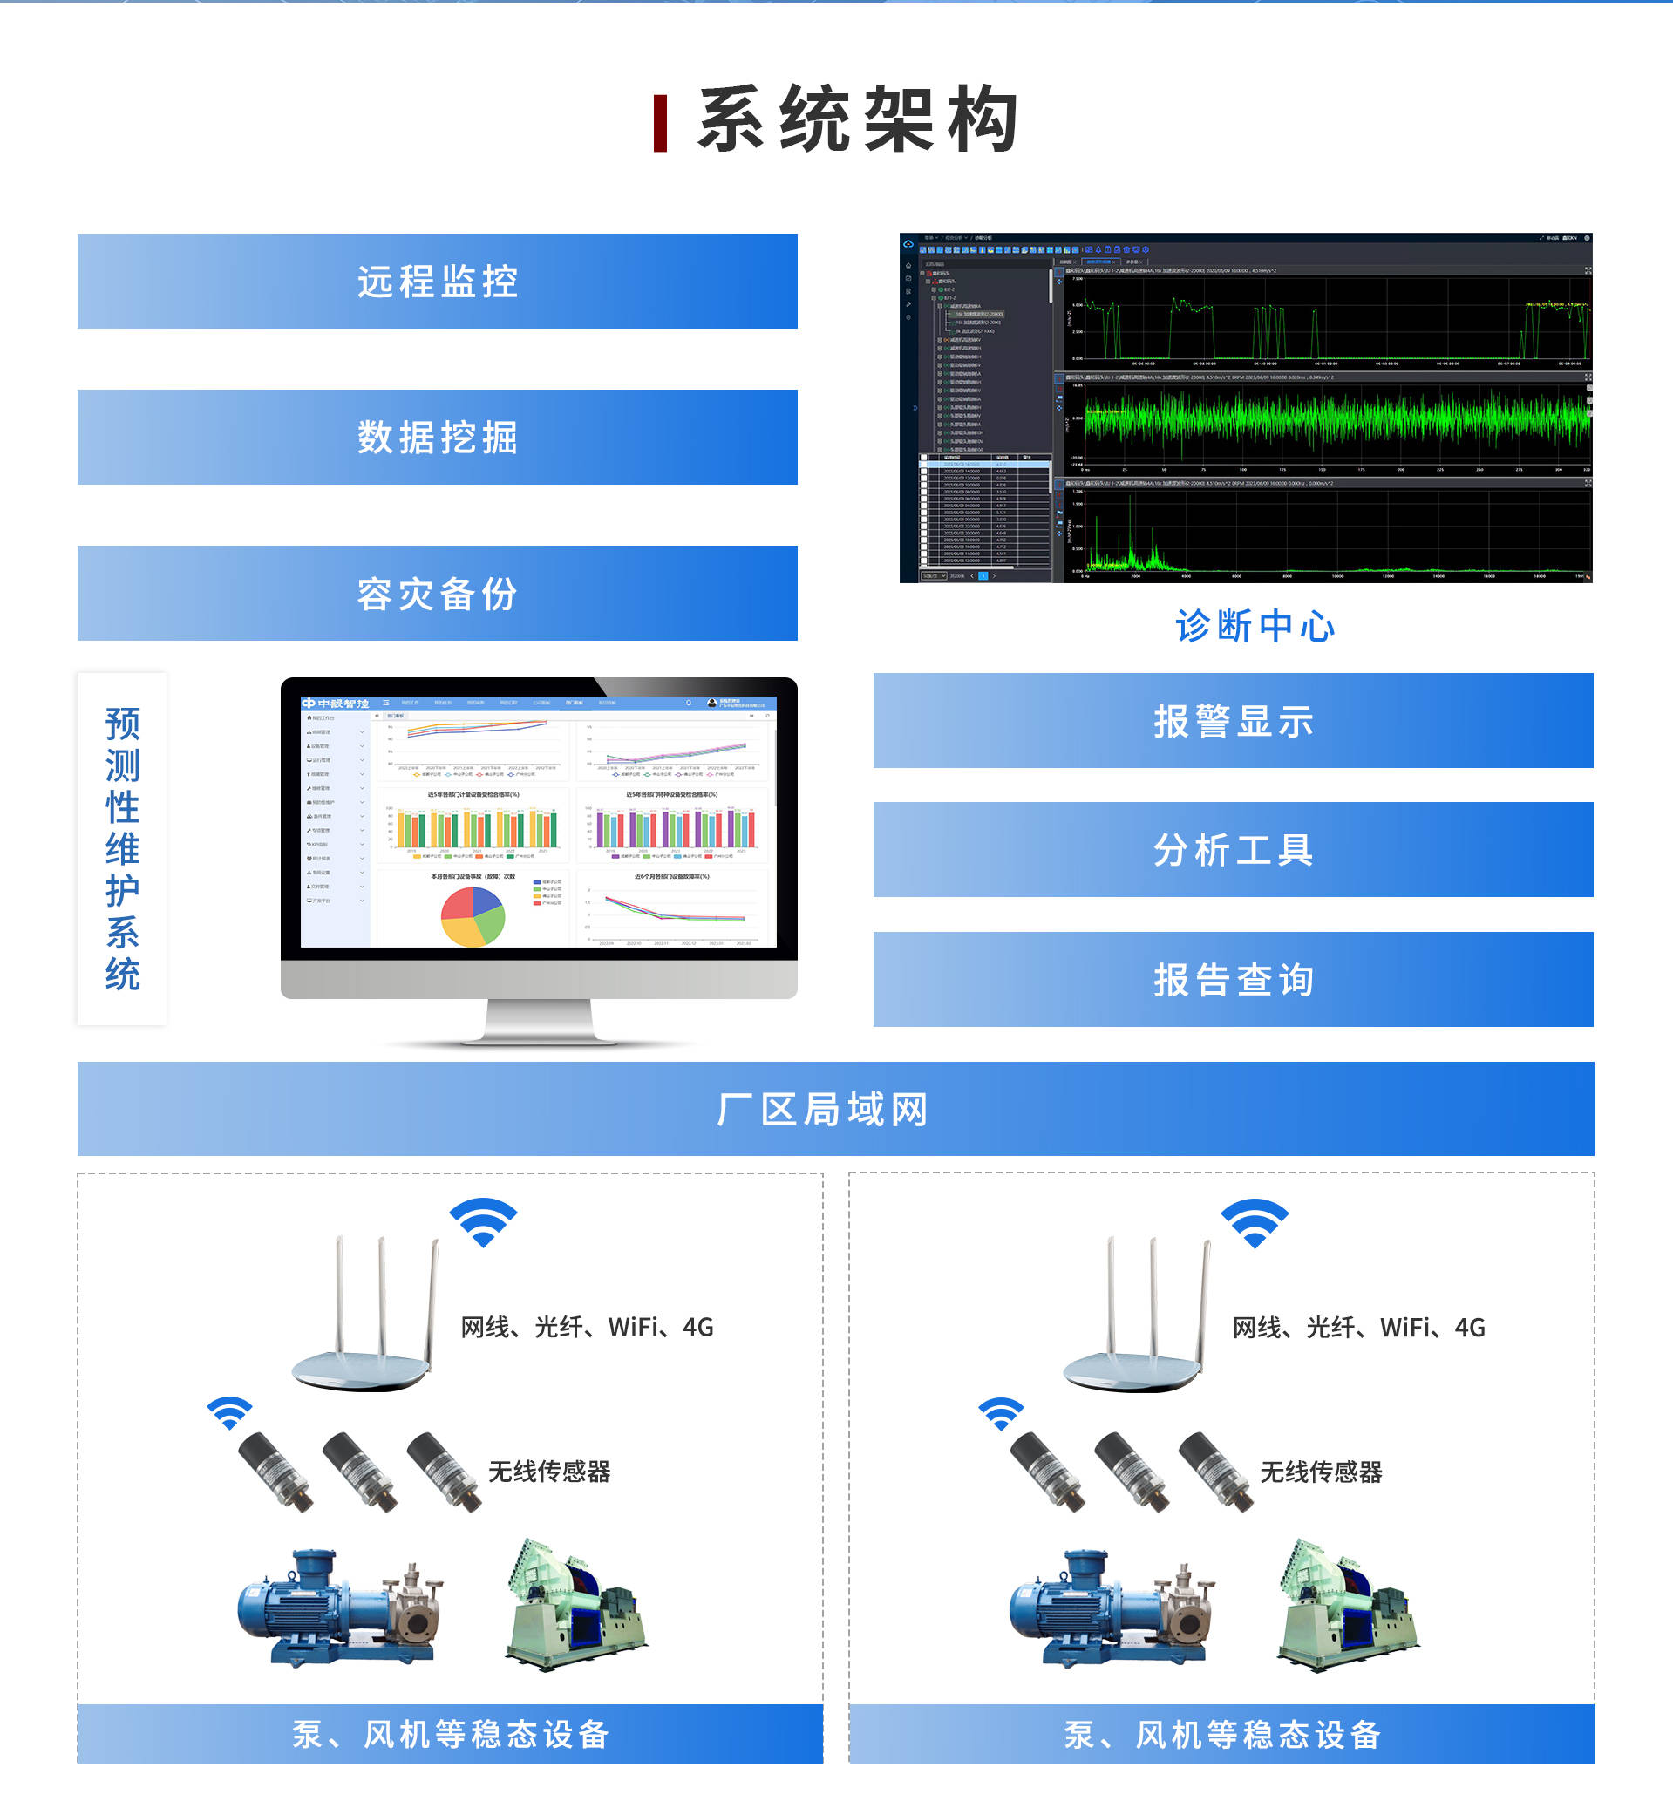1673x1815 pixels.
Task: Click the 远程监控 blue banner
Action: click(x=438, y=282)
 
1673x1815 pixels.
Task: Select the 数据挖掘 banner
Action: click(x=438, y=438)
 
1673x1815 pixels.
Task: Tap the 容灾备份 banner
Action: click(x=438, y=594)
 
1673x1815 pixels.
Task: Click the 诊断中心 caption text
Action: click(x=1255, y=627)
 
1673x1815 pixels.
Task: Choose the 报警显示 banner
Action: click(x=1233, y=722)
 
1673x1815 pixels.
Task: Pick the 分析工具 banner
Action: click(x=1233, y=850)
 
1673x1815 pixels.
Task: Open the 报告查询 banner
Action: click(x=1233, y=980)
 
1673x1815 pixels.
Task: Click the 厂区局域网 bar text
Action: click(x=822, y=1110)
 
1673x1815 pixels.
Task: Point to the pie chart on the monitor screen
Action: click(x=473, y=916)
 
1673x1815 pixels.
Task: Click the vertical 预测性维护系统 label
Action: click(x=122, y=848)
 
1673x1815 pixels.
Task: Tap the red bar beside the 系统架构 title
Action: click(x=661, y=123)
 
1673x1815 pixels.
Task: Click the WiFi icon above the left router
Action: click(x=484, y=1222)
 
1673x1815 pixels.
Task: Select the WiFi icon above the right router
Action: click(x=1255, y=1223)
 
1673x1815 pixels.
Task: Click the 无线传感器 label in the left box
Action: click(x=549, y=1472)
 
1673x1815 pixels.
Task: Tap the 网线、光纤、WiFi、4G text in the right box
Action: click(x=1359, y=1328)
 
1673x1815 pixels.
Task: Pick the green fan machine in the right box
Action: click(x=1348, y=1606)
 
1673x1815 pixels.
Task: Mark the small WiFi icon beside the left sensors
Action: click(x=229, y=1413)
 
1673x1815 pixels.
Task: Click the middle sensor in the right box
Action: click(x=1132, y=1471)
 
